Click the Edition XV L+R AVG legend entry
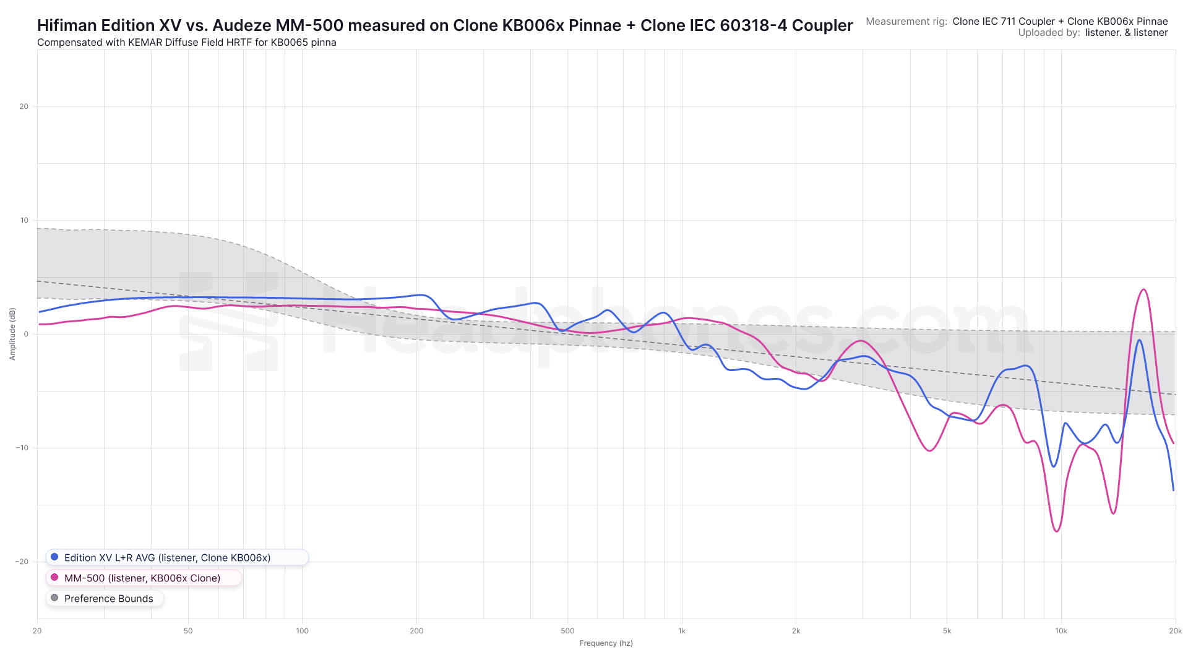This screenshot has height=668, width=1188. click(x=167, y=557)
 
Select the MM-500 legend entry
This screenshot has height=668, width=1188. click(x=142, y=578)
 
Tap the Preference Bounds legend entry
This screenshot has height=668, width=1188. click(x=108, y=598)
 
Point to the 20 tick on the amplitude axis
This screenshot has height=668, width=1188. click(x=24, y=106)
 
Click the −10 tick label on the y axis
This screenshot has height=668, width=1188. click(x=22, y=448)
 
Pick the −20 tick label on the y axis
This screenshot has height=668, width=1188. click(x=22, y=562)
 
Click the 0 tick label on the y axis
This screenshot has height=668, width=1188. click(x=26, y=334)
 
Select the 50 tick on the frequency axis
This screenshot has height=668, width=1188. click(x=188, y=631)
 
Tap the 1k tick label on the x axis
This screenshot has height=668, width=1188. click(x=682, y=631)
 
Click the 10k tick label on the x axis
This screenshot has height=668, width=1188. click(x=1061, y=631)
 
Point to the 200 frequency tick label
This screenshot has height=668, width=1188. click(x=416, y=631)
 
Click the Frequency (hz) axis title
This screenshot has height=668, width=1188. click(x=606, y=643)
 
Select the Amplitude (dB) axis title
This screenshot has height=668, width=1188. click(x=12, y=334)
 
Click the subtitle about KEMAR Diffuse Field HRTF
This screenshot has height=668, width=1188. click(x=187, y=43)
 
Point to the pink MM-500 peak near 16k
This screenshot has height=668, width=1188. click(x=1143, y=289)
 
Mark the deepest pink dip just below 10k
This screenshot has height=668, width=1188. click(x=1057, y=531)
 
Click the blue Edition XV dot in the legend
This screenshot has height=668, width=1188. click(x=54, y=557)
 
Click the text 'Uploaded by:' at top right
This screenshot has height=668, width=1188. click(x=1049, y=33)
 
